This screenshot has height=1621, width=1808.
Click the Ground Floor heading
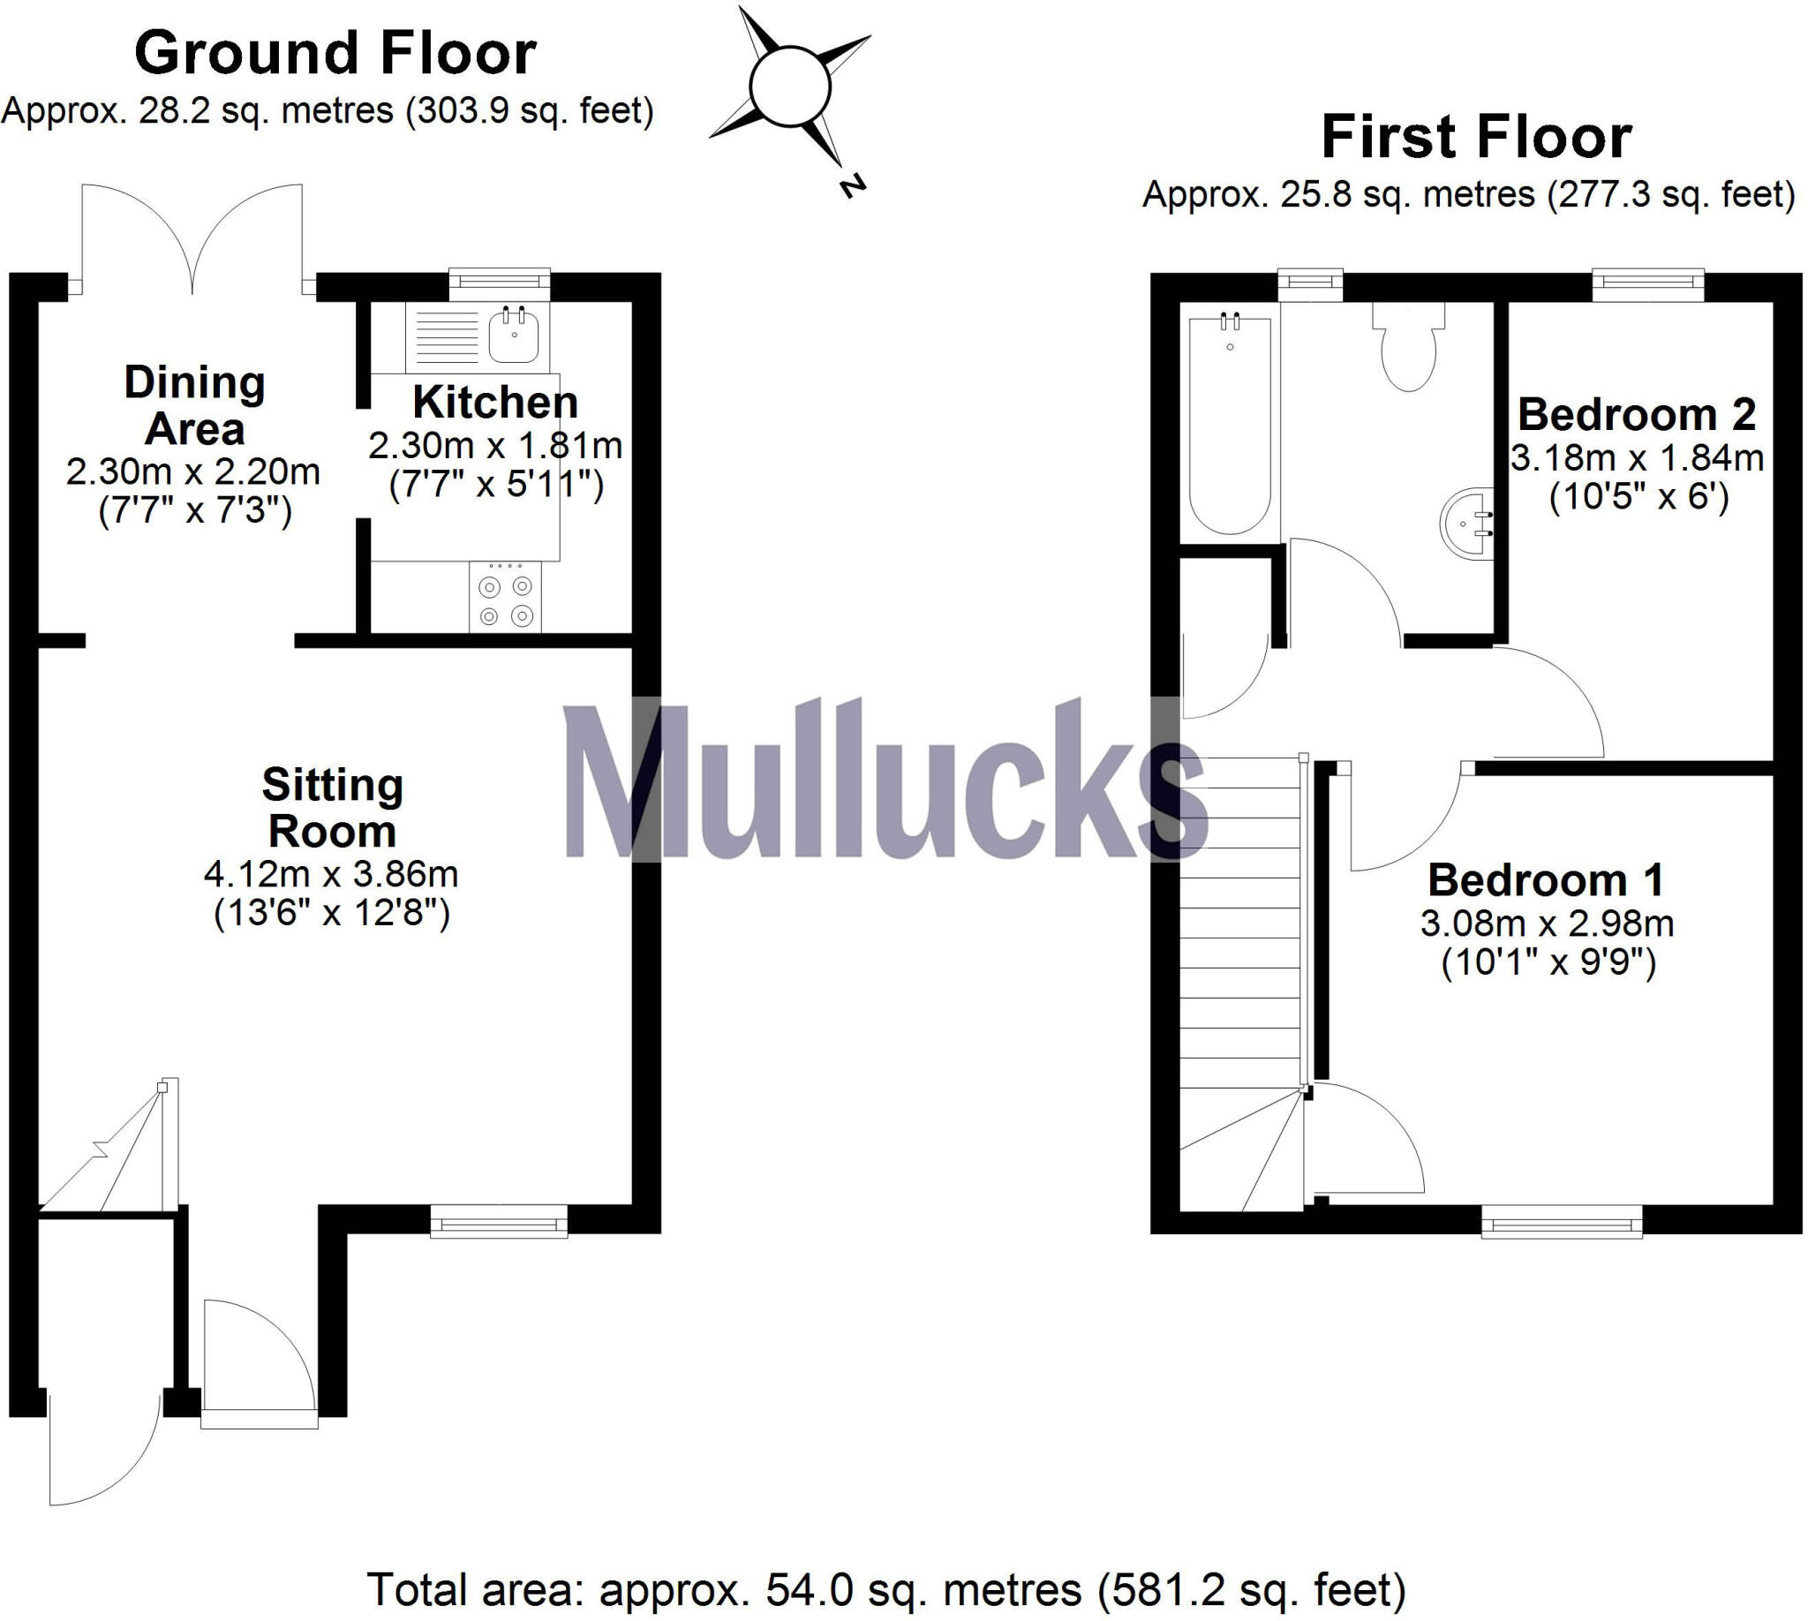335,54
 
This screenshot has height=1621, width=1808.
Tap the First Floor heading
1476,137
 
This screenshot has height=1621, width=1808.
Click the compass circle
789,87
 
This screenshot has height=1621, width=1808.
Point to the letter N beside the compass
852,186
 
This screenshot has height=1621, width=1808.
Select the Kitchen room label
495,403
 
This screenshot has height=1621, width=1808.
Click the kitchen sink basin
514,336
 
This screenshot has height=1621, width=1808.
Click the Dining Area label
194,405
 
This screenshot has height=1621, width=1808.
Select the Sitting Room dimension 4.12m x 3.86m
331,875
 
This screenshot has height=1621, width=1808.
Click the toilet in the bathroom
1408,348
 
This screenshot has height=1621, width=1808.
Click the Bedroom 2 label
1636,415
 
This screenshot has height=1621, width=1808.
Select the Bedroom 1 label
1545,881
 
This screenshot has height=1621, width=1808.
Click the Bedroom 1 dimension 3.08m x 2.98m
1547,924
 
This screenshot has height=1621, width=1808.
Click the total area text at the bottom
886,1590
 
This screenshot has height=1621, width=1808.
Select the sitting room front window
499,1220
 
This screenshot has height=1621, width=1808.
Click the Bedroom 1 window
1562,1221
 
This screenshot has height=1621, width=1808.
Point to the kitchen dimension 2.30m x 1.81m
495,445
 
